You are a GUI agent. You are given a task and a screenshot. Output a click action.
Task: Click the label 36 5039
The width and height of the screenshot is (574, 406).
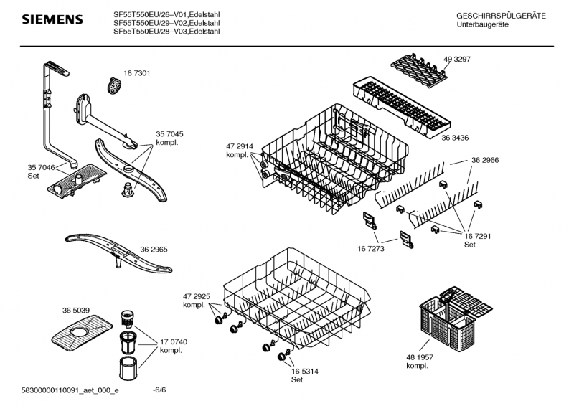[76, 310]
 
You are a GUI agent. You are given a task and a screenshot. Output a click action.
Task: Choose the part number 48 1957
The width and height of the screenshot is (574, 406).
[420, 357]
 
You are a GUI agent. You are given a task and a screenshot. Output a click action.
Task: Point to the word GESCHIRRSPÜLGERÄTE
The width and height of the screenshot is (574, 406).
[501, 16]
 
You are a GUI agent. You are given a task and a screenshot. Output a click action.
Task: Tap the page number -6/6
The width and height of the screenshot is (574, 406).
[160, 390]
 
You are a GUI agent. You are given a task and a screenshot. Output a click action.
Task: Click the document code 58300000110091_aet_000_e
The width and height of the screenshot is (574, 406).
[70, 390]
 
